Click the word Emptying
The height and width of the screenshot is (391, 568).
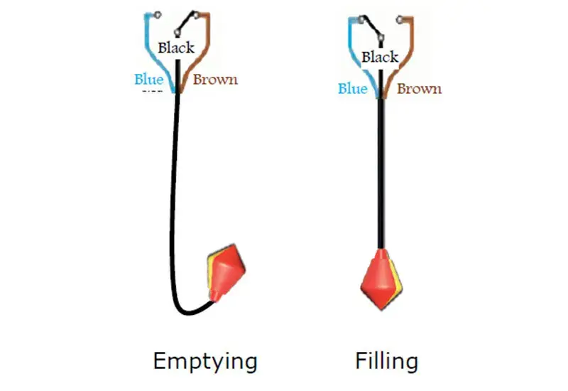[204, 361]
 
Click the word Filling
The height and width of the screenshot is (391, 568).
[386, 361]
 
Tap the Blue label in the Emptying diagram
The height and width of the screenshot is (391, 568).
[148, 79]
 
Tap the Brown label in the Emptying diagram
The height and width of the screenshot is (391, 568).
[215, 79]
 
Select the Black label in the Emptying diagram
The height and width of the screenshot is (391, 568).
[175, 48]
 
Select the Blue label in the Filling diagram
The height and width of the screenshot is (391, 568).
[352, 89]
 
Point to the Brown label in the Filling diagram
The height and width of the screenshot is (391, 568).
[419, 89]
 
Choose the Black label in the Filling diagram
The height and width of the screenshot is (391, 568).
[380, 57]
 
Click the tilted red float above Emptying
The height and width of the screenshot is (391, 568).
[226, 274]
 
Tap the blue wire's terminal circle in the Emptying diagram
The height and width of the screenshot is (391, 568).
[157, 14]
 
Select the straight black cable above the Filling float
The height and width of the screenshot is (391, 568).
[381, 178]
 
